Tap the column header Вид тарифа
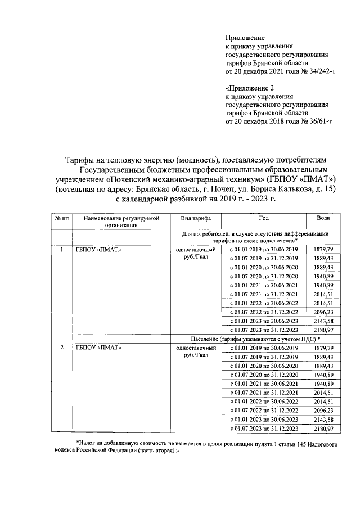pos(192,218)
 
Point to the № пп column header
pos(61,218)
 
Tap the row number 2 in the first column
pos(61,348)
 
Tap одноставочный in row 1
pos(192,249)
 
